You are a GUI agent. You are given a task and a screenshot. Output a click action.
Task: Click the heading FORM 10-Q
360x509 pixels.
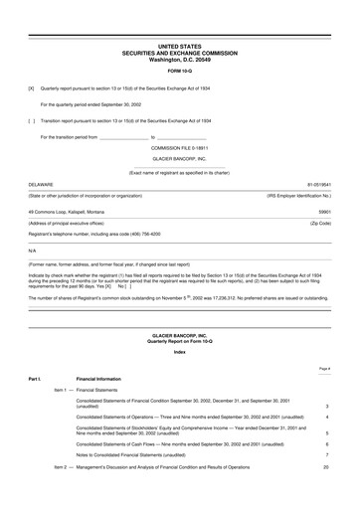click(180, 73)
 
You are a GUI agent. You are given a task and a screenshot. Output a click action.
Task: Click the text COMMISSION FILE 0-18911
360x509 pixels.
click(180, 147)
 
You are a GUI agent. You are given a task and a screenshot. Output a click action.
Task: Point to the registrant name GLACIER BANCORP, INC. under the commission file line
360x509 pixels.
click(180, 158)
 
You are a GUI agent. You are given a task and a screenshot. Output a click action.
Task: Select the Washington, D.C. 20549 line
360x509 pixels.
click(180, 59)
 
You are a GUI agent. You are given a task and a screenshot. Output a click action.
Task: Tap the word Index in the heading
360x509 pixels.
click(180, 351)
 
